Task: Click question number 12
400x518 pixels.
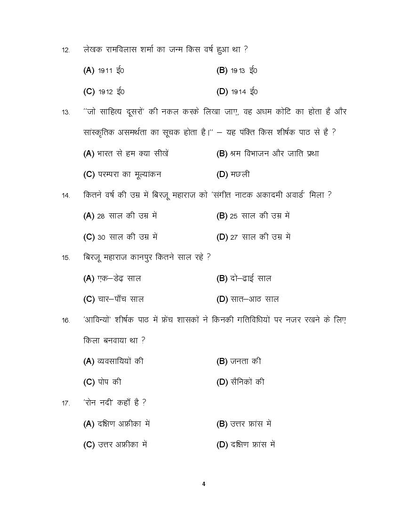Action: pyautogui.click(x=66, y=50)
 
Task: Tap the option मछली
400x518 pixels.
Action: pyautogui.click(x=240, y=174)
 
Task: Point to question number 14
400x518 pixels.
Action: pyautogui.click(x=66, y=195)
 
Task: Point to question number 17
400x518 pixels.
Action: pyautogui.click(x=66, y=403)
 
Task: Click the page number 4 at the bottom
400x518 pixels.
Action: pyautogui.click(x=204, y=484)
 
